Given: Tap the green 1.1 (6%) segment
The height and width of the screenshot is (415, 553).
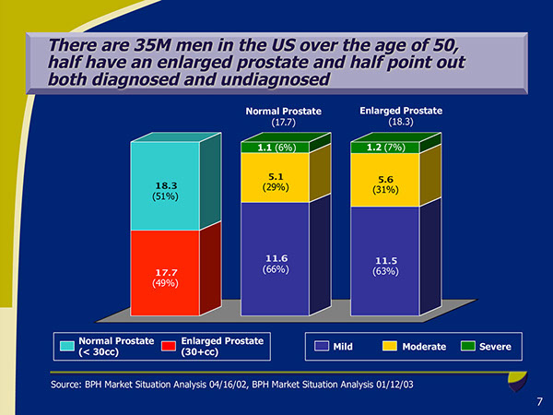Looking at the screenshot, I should pos(275,146).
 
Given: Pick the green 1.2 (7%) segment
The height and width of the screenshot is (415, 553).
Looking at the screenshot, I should pos(385,146).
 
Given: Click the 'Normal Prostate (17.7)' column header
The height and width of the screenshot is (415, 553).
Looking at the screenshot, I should pos(283,116).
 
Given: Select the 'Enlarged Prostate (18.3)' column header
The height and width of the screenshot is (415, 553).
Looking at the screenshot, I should pos(400,116).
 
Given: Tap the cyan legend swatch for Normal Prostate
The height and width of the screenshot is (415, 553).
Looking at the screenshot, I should pos(67,346).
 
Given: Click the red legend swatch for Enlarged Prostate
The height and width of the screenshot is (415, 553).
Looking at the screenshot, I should pos(169,346).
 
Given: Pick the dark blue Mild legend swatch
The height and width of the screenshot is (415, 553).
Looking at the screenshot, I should pos(323,346).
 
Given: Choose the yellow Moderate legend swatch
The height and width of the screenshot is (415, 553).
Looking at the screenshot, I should pos(390,346).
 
